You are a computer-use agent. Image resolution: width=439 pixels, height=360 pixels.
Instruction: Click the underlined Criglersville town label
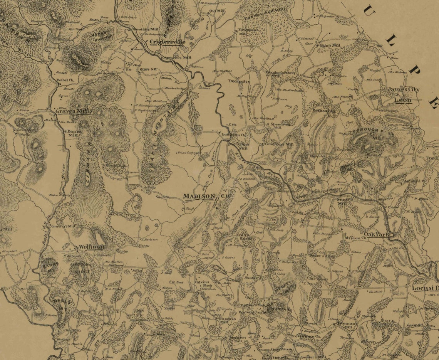(x=168, y=42)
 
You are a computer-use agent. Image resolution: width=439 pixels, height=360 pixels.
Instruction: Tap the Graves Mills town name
(x=74, y=111)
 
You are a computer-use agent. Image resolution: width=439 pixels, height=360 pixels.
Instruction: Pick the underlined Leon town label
(x=403, y=100)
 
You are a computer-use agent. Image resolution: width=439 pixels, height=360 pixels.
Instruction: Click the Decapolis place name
(x=239, y=82)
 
